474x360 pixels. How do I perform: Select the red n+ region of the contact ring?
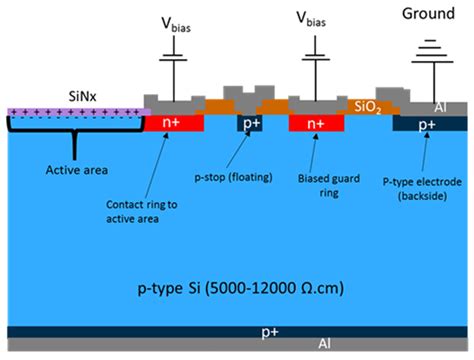pos(182,123)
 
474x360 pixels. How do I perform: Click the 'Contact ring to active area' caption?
pos(141,209)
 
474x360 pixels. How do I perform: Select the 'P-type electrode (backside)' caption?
pos(423,190)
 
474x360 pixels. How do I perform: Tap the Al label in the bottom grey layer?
pos(323,344)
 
